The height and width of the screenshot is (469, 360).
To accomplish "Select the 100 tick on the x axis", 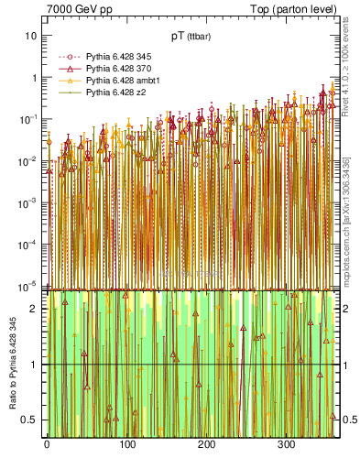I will (x=126, y=445).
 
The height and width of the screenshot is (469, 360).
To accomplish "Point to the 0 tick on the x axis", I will (x=47, y=445).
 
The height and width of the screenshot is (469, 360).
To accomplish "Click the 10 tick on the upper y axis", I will (x=30, y=36).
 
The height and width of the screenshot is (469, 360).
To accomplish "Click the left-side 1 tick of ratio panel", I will (x=35, y=365).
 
